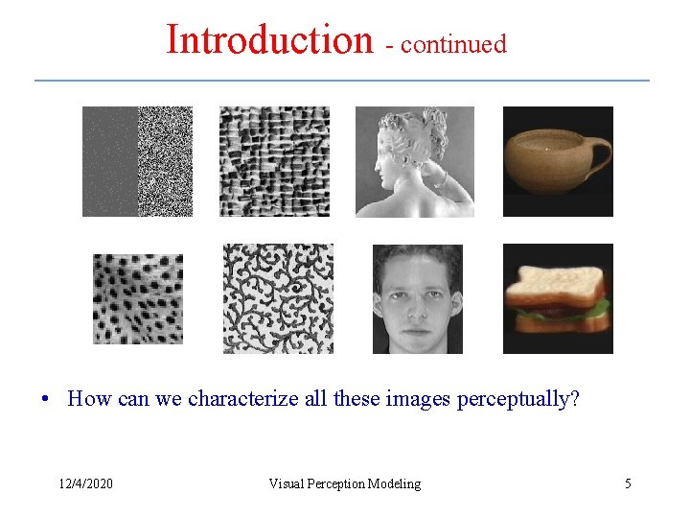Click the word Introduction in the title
268,40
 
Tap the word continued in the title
453,44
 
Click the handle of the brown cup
600,151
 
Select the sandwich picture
558,298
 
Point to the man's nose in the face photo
417,305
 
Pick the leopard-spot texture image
137,298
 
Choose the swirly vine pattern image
278,298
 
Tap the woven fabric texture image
274,161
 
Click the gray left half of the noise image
109,161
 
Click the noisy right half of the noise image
165,161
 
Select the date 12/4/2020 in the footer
85,483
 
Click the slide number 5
628,483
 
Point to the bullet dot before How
45,399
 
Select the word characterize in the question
234,399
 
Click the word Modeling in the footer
398,483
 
